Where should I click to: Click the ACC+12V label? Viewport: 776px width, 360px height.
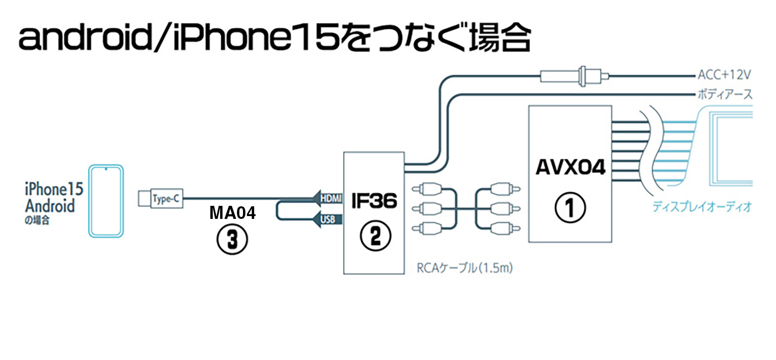[723, 75]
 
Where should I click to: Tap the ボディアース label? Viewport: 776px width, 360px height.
[724, 95]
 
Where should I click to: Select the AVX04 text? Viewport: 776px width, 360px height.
[570, 167]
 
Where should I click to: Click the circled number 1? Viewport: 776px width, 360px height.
[570, 207]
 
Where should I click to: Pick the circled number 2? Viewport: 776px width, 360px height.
[375, 236]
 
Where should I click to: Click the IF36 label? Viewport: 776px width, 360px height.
[374, 201]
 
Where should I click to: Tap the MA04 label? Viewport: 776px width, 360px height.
[232, 213]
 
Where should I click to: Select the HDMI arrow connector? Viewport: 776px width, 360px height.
[328, 198]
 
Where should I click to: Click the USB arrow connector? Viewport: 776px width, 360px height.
[328, 219]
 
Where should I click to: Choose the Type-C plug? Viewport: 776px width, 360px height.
[161, 199]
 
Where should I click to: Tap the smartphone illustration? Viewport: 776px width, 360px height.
[106, 201]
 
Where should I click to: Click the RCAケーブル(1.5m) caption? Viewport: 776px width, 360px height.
[464, 268]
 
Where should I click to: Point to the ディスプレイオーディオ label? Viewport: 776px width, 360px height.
[702, 206]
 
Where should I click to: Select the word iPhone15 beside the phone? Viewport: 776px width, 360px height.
[54, 189]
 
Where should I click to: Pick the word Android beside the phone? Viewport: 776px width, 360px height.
[50, 206]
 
